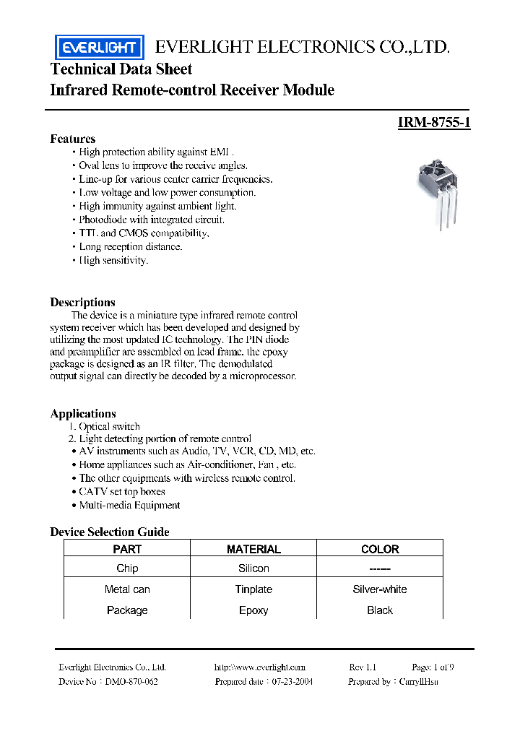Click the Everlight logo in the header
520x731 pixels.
pyautogui.click(x=99, y=48)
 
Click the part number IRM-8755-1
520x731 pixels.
pyautogui.click(x=434, y=123)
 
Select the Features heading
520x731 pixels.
pyautogui.click(x=72, y=139)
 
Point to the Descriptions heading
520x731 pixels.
pyautogui.click(x=82, y=303)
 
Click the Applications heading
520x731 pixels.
pyautogui.click(x=83, y=414)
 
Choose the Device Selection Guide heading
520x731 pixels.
pyautogui.click(x=109, y=532)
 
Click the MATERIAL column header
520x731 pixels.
pyautogui.click(x=253, y=549)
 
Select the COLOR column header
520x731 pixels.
pyautogui.click(x=379, y=549)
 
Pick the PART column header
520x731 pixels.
pyautogui.click(x=127, y=549)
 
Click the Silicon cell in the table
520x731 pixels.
pyautogui.click(x=253, y=568)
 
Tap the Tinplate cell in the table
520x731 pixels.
pyautogui.click(x=253, y=589)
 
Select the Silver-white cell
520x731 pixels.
pyautogui.click(x=379, y=589)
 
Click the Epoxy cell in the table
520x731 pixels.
pyautogui.click(x=253, y=610)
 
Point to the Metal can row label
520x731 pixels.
pyautogui.click(x=127, y=589)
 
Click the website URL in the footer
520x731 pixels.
pyautogui.click(x=260, y=667)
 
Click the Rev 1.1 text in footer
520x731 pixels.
pyautogui.click(x=363, y=667)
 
